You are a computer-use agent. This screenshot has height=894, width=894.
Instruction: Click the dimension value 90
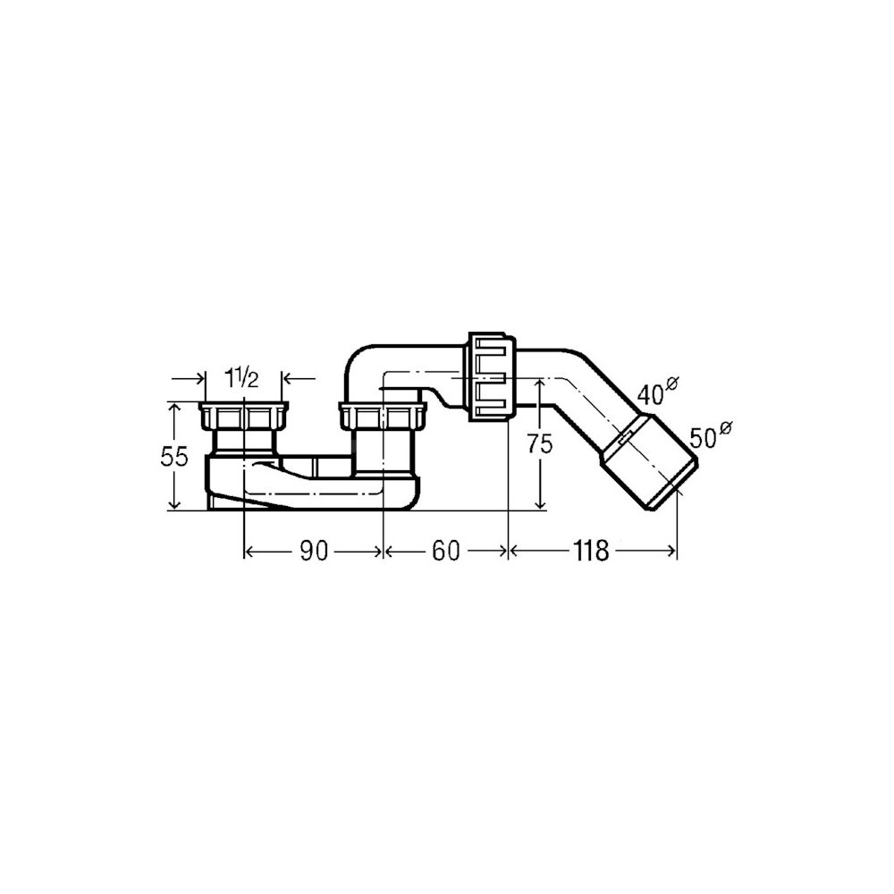pyautogui.click(x=314, y=552)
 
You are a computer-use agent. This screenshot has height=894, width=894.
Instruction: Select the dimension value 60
pyautogui.click(x=446, y=552)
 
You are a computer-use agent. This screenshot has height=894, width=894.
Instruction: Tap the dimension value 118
pyautogui.click(x=591, y=552)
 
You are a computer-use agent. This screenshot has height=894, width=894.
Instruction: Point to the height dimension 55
pyautogui.click(x=174, y=457)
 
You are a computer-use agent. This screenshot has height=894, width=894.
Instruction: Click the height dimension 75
pyautogui.click(x=539, y=444)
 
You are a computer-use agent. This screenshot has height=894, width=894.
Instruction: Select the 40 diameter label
pyautogui.click(x=652, y=394)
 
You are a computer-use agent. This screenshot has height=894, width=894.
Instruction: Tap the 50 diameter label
pyautogui.click(x=704, y=438)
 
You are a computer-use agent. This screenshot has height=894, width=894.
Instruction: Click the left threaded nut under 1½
pyautogui.click(x=243, y=416)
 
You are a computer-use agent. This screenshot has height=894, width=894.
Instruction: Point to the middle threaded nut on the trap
pyautogui.click(x=383, y=416)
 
